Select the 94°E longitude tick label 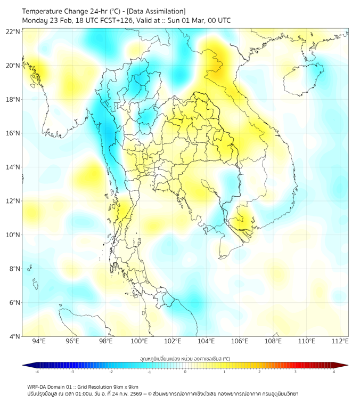(39, 342)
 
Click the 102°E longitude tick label (173, 342)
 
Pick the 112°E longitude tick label (340, 342)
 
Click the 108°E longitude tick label (273, 342)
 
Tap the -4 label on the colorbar (36, 372)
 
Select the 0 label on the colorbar (185, 372)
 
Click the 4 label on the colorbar (334, 372)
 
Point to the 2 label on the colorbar (259, 372)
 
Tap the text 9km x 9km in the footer (124, 386)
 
